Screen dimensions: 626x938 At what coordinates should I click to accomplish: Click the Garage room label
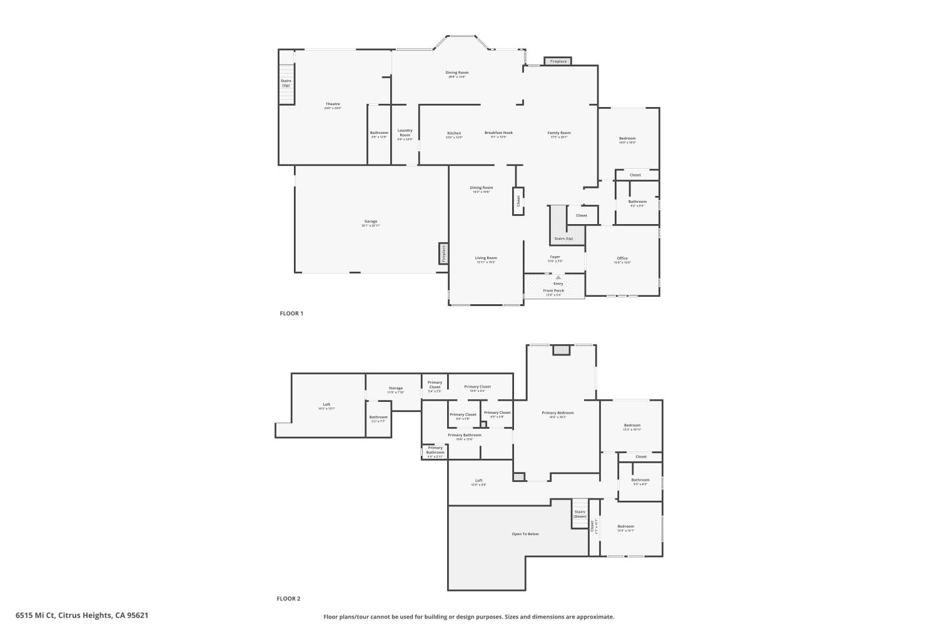point(371,222)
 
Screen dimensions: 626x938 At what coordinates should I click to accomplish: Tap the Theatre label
point(333,105)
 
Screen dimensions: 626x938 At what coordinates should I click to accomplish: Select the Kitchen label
point(454,133)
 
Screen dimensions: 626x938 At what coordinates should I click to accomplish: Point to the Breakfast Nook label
point(498,133)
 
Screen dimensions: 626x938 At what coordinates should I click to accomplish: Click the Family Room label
point(559,133)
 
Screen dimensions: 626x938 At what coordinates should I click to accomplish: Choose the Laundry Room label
point(405,133)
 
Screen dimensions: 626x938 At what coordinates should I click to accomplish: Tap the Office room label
point(622,259)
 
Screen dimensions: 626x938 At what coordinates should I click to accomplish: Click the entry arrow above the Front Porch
point(558,277)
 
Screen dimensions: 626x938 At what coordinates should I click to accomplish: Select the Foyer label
point(555,257)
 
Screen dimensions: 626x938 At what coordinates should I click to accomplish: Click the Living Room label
point(486,258)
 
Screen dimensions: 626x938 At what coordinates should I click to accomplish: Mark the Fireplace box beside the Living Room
point(443,254)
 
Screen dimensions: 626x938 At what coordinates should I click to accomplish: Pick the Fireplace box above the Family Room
point(558,61)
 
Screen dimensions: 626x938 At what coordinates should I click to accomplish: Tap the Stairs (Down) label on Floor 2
point(580,514)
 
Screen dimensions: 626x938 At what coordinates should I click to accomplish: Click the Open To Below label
point(525,534)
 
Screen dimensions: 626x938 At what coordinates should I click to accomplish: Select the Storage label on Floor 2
point(396,389)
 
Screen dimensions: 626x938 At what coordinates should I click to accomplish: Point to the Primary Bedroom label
point(557,413)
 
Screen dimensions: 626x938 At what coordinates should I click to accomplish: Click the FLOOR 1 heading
point(291,314)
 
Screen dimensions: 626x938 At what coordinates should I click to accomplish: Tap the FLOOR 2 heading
point(289,599)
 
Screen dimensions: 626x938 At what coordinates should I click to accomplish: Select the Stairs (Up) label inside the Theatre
point(286,83)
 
